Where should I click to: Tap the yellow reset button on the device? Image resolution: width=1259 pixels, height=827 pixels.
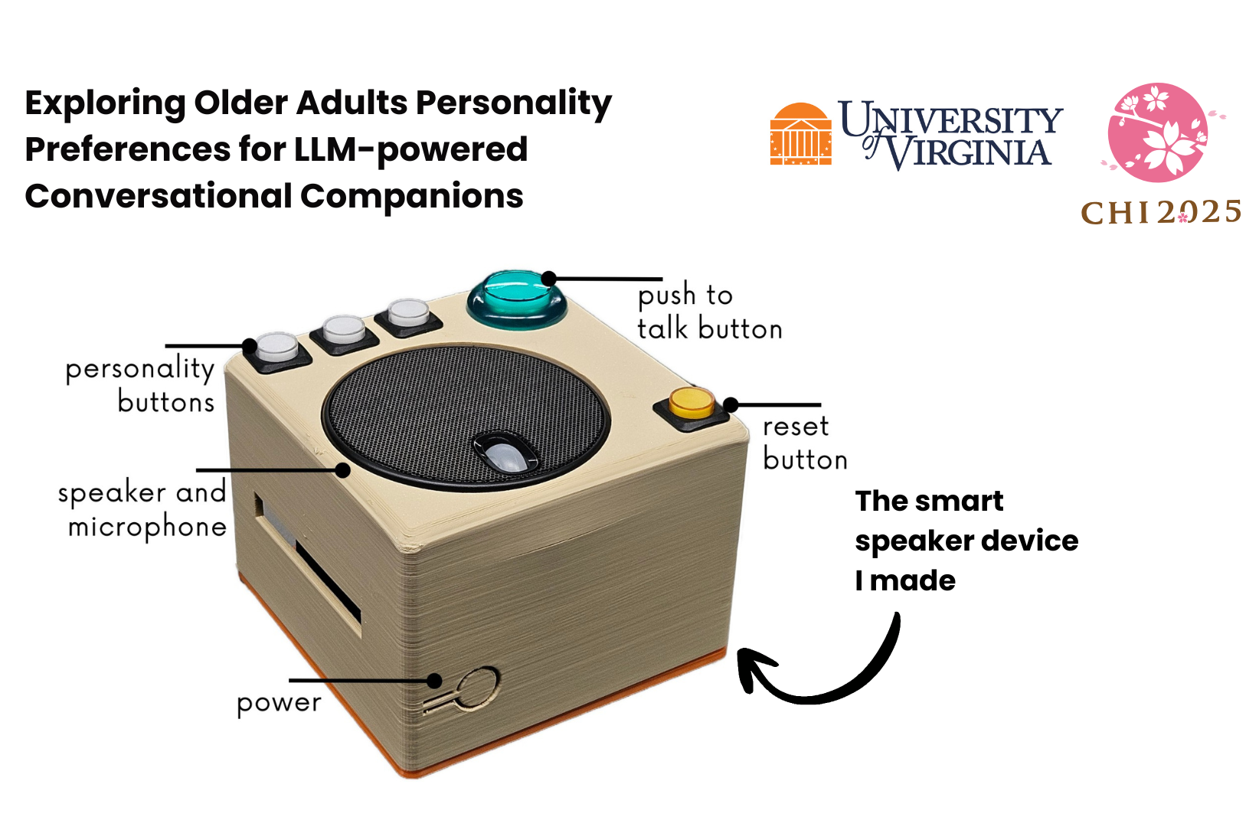tap(691, 404)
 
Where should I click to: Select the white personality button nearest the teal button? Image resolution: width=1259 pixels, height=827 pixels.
tap(407, 313)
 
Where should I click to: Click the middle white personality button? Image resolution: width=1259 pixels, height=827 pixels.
tap(344, 330)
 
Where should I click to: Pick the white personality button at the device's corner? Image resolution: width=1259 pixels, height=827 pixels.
tap(276, 348)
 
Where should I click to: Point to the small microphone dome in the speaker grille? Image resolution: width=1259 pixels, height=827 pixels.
tap(506, 454)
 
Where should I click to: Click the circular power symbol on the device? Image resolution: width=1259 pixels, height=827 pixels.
tap(478, 689)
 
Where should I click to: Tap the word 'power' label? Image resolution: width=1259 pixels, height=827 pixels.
tap(279, 703)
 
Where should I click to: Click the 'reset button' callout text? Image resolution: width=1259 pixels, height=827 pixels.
tap(804, 443)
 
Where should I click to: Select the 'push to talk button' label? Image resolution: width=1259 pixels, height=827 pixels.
tap(708, 312)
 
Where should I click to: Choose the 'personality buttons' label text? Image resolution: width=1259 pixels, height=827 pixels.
tap(141, 385)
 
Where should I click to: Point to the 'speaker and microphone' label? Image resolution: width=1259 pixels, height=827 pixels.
tap(142, 509)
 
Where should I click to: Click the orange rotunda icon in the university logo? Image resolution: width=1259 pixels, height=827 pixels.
tap(800, 135)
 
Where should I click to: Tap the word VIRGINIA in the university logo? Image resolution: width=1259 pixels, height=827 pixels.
tap(968, 152)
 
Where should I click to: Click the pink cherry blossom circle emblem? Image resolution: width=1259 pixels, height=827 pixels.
tap(1158, 132)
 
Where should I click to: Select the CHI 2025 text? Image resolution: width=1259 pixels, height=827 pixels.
tap(1160, 212)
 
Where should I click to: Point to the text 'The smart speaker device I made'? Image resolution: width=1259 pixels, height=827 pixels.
tap(966, 541)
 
